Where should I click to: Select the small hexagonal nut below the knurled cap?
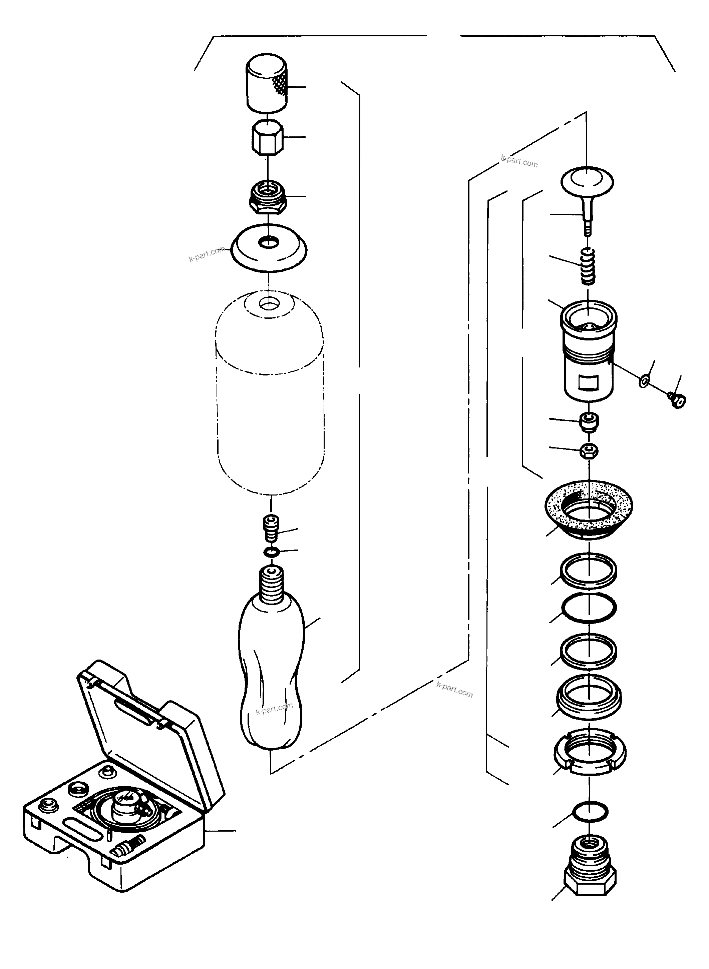[x=267, y=138]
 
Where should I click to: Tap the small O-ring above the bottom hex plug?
[x=590, y=811]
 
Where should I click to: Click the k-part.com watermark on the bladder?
[x=274, y=709]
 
